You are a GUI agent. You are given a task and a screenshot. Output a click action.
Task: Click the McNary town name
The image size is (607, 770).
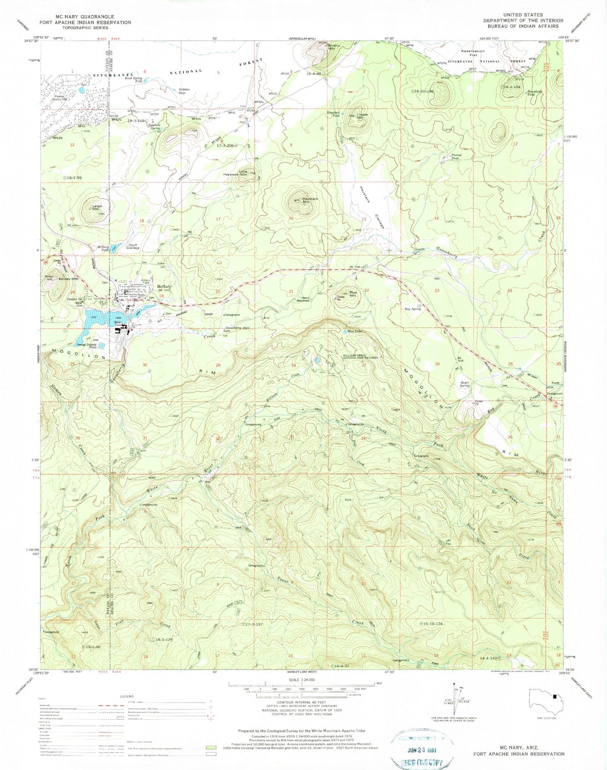click(163, 288)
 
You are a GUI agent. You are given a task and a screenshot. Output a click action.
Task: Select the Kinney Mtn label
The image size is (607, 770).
click(68, 279)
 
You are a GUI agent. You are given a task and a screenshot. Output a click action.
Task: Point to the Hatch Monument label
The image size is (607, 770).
click(305, 299)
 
